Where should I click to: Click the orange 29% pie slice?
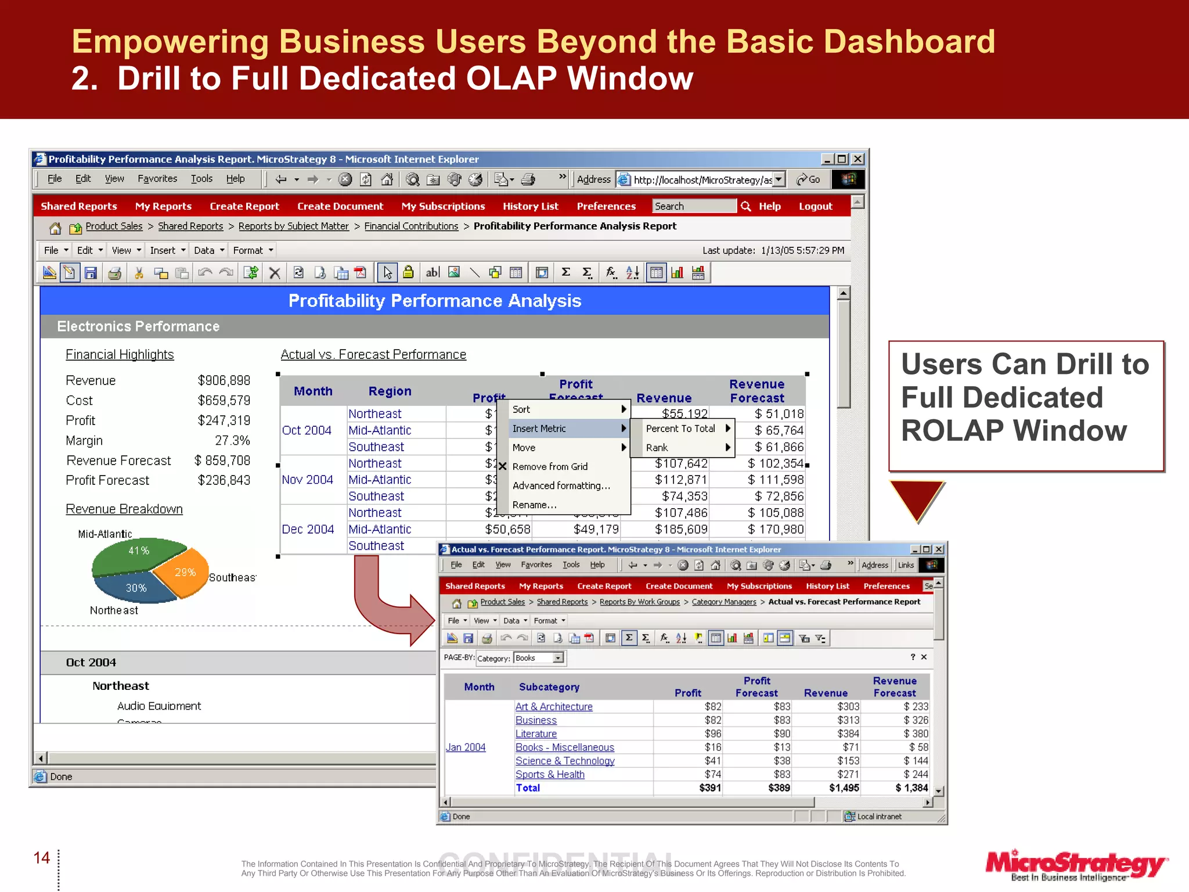(x=184, y=573)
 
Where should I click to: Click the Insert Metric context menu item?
(x=540, y=429)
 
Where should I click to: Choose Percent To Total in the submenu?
(x=680, y=429)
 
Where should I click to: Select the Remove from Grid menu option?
(x=550, y=467)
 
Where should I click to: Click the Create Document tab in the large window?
(x=340, y=206)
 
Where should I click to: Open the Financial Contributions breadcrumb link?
(x=411, y=226)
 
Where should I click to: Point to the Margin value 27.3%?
(x=232, y=441)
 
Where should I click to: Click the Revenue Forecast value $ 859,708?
(x=222, y=461)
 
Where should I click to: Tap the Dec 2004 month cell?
(x=308, y=530)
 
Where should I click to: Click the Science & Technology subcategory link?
(x=565, y=761)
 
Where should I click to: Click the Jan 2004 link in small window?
(x=466, y=747)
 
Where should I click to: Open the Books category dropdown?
(x=558, y=658)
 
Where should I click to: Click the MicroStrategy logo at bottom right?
(x=1076, y=865)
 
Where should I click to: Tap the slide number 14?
(x=42, y=858)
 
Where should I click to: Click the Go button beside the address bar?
(x=809, y=179)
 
